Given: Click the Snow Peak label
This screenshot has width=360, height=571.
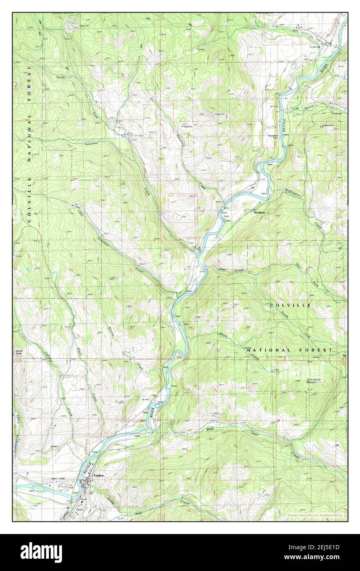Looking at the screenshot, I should pyautogui.click(x=19, y=352).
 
